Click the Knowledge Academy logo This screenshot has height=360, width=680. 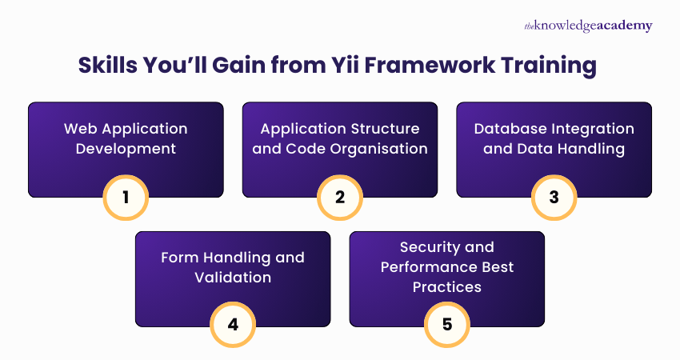click(x=588, y=26)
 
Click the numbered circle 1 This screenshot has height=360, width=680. click(x=126, y=196)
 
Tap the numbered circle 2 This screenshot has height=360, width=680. click(x=340, y=196)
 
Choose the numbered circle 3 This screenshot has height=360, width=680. click(x=554, y=196)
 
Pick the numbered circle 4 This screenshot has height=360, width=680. click(x=233, y=326)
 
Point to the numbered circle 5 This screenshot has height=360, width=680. click(x=447, y=326)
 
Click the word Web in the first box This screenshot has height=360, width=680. click(x=80, y=129)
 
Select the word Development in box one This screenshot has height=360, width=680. click(x=126, y=148)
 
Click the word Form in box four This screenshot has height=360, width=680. click(x=179, y=258)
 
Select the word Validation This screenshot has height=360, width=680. click(x=233, y=278)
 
